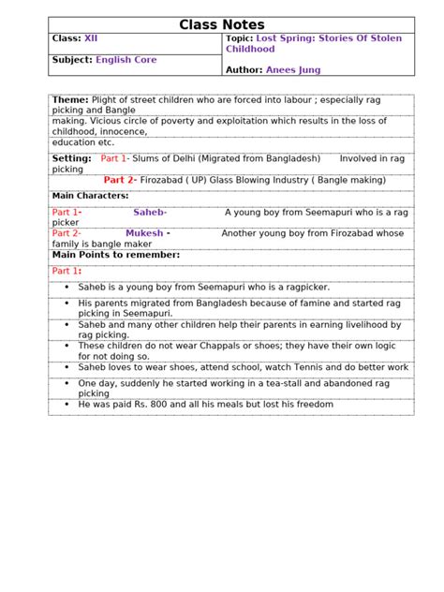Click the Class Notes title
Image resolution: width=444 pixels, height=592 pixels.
(x=222, y=24)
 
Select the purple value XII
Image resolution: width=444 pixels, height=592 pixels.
(x=91, y=38)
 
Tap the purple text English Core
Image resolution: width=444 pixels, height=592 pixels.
(x=126, y=59)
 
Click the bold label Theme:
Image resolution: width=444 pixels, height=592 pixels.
(x=70, y=99)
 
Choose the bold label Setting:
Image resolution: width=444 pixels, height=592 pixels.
(x=72, y=158)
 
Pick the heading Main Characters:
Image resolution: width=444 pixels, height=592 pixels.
(x=90, y=196)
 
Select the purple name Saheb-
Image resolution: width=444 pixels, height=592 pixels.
(x=150, y=213)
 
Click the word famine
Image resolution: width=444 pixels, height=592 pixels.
(x=301, y=303)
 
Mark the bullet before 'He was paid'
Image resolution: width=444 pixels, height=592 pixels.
(x=67, y=404)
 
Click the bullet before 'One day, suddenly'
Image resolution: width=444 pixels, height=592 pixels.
(x=67, y=383)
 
